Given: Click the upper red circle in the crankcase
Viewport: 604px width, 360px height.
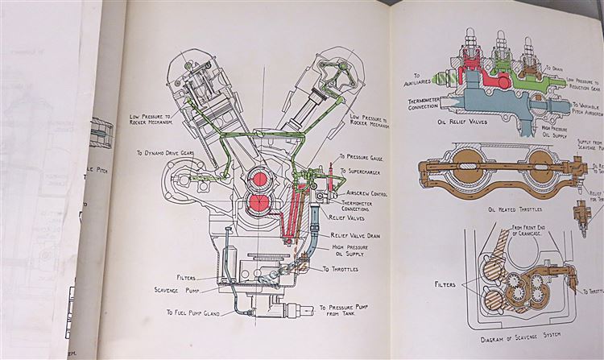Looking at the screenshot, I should point(261,176).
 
